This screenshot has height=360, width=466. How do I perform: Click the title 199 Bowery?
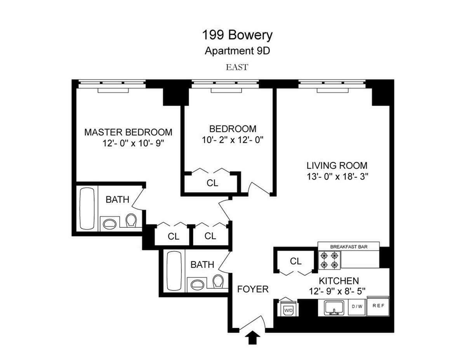pyautogui.click(x=237, y=35)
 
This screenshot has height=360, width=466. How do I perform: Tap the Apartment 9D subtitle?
pyautogui.click(x=237, y=51)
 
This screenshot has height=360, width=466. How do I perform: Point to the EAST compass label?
pyautogui.click(x=237, y=67)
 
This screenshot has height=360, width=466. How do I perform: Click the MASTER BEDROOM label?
pyautogui.click(x=128, y=132)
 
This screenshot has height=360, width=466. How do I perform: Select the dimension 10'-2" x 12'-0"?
pyautogui.click(x=233, y=140)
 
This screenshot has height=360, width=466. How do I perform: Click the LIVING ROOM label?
pyautogui.click(x=336, y=165)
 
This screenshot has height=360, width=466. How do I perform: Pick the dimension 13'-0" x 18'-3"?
pyautogui.click(x=336, y=176)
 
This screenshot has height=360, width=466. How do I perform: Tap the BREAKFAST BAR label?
pyautogui.click(x=348, y=246)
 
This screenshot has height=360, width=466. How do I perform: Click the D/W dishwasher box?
pyautogui.click(x=357, y=306)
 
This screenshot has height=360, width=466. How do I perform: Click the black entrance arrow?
pyautogui.click(x=253, y=338)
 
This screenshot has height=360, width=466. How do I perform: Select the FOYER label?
pyautogui.click(x=253, y=289)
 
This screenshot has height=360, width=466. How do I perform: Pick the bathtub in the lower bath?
pyautogui.click(x=172, y=270)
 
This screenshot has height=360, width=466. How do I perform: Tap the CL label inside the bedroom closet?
pyautogui.click(x=212, y=183)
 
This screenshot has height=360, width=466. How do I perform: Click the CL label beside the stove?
pyautogui.click(x=296, y=261)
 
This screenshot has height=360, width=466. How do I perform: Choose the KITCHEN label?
pyautogui.click(x=339, y=280)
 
